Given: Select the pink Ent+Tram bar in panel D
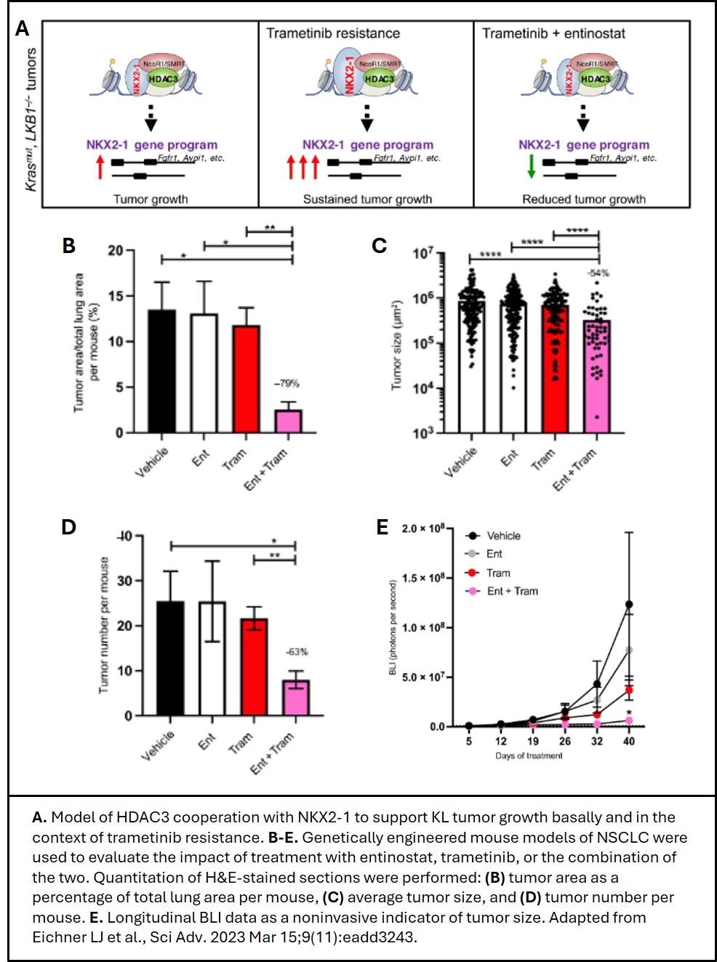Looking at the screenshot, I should tap(296, 698).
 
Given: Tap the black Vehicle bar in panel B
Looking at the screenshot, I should tap(161, 372).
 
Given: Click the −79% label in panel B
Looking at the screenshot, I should tap(286, 383).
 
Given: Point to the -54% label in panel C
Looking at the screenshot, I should tap(598, 273).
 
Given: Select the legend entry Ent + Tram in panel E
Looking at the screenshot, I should tap(511, 591).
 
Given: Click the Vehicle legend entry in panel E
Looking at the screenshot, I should tap(502, 536).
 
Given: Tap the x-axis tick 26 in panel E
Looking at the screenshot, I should tap(565, 741).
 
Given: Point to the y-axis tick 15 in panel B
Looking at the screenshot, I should tap(116, 296).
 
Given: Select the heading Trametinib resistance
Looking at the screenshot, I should tap(333, 33).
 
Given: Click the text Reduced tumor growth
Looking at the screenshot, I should tap(583, 199).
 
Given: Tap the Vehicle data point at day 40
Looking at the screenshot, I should tap(629, 604).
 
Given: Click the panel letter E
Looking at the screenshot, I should tap(382, 527).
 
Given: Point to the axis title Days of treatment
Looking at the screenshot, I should tap(529, 756).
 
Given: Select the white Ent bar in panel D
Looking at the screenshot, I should tap(212, 659).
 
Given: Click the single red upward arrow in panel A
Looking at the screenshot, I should tap(100, 167).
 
